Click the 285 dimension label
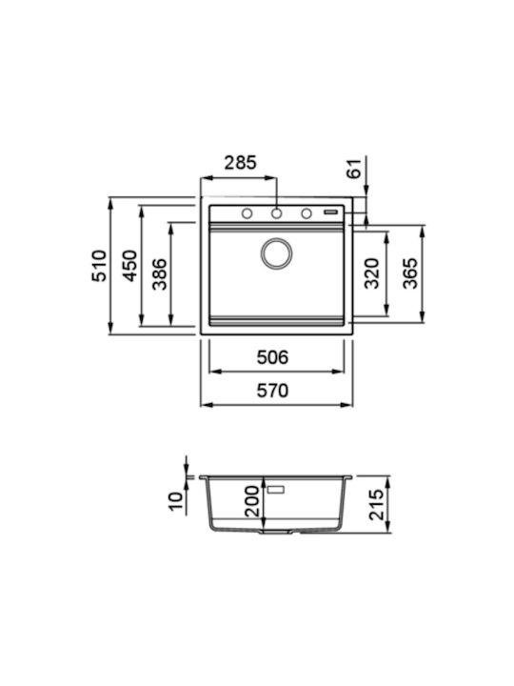point(240,163)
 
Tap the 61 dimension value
point(355,169)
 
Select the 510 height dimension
point(99,266)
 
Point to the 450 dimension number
point(129,266)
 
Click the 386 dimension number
point(160,274)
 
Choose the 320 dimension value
point(372,273)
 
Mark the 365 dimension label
point(410,273)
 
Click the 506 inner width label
point(273,357)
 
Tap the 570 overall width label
point(273,391)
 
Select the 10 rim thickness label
point(176,501)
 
